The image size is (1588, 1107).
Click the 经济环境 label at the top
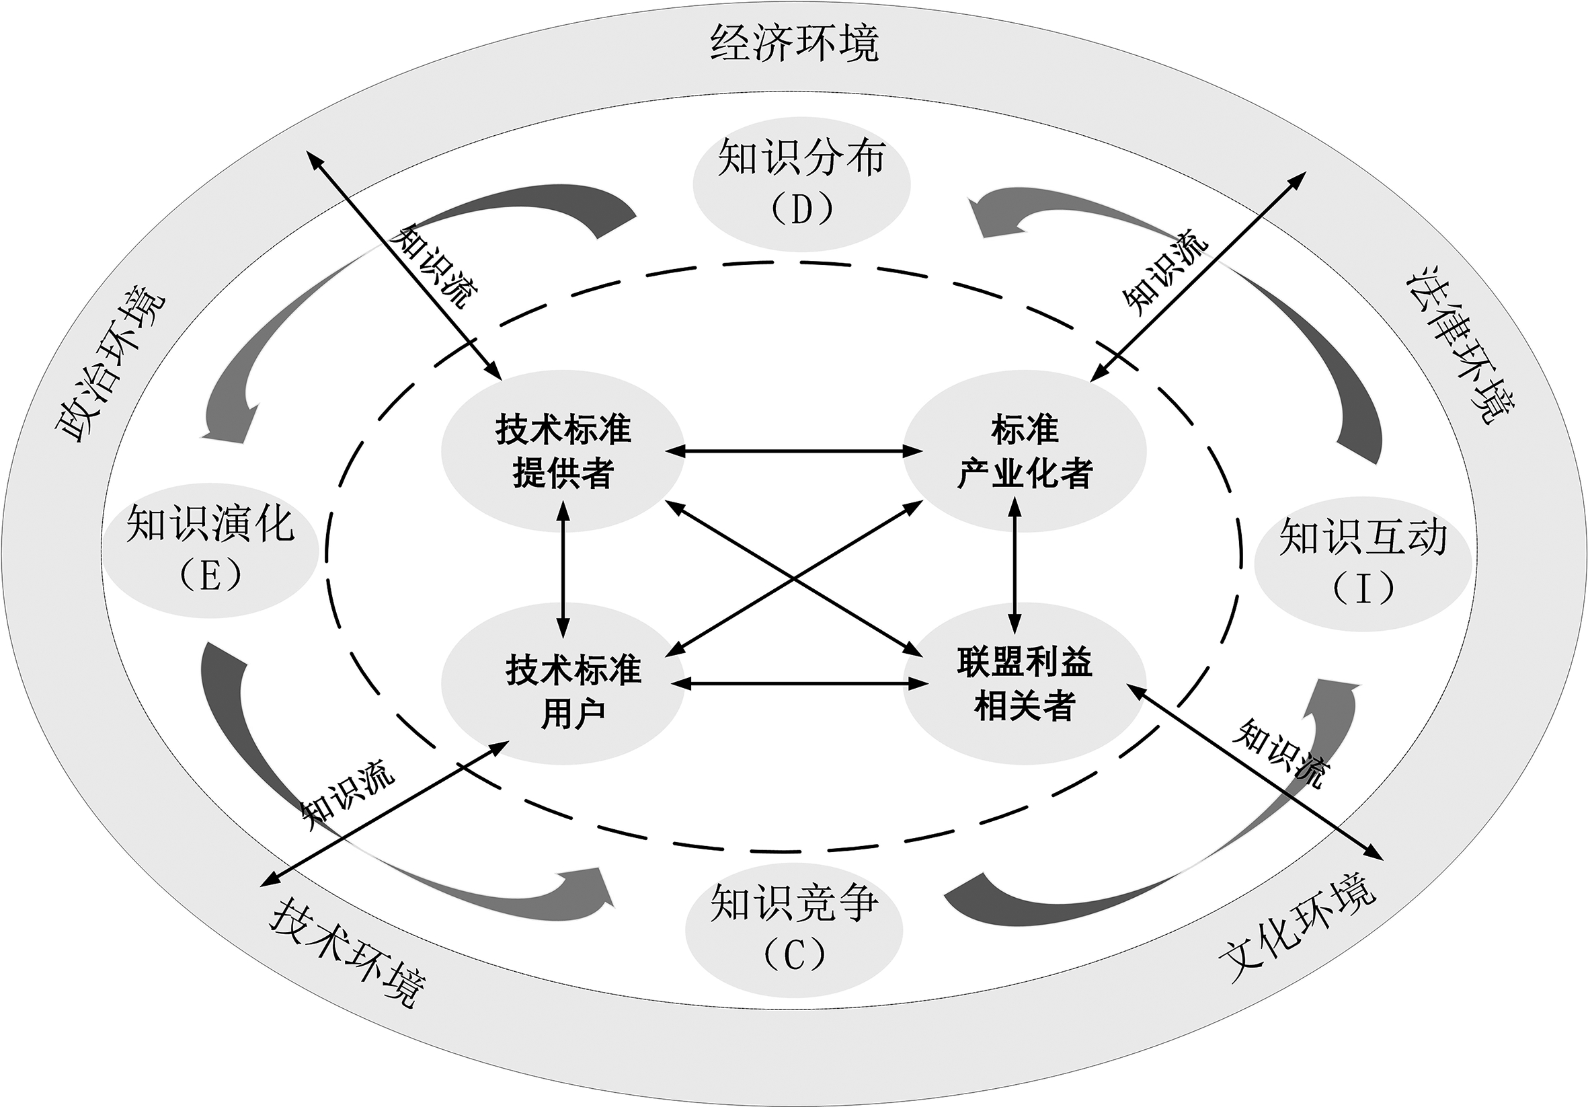coord(794,43)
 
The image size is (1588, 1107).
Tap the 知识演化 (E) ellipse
coord(210,549)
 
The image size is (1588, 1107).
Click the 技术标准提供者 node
coord(563,451)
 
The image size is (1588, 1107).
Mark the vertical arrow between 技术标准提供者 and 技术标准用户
coord(563,569)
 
